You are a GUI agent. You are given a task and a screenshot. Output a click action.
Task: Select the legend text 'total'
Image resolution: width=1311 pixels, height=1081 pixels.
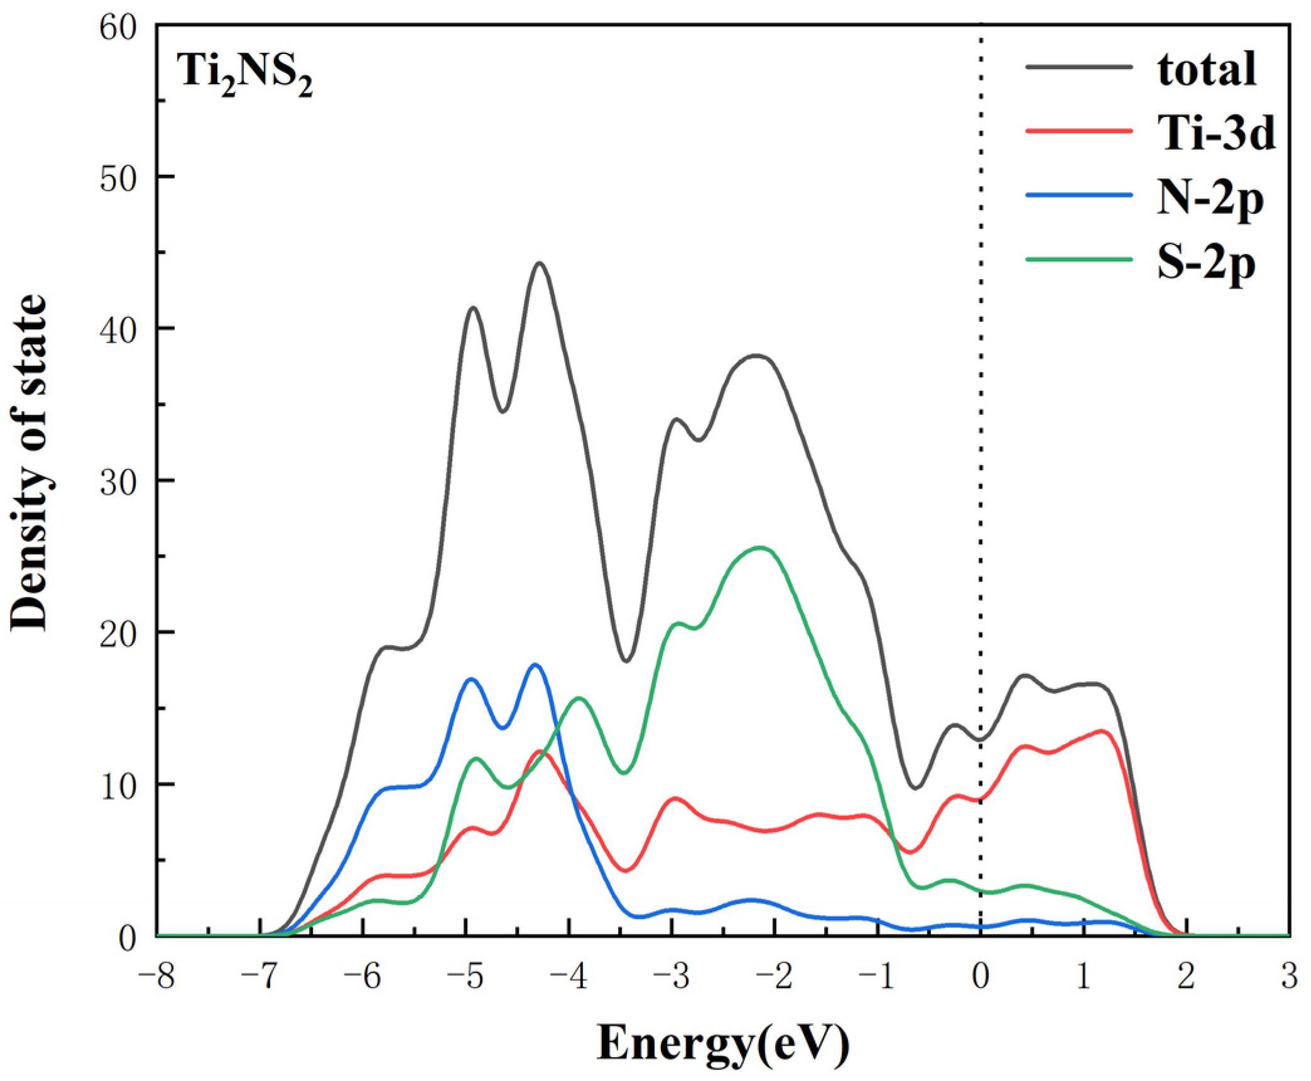1207,70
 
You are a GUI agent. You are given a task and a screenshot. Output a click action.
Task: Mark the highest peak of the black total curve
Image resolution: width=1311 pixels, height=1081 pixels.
539,263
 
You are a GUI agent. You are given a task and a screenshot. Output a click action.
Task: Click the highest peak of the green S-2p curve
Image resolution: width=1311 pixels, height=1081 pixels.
760,547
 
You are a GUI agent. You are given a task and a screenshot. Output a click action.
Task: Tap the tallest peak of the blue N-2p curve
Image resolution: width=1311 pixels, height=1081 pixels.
535,665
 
